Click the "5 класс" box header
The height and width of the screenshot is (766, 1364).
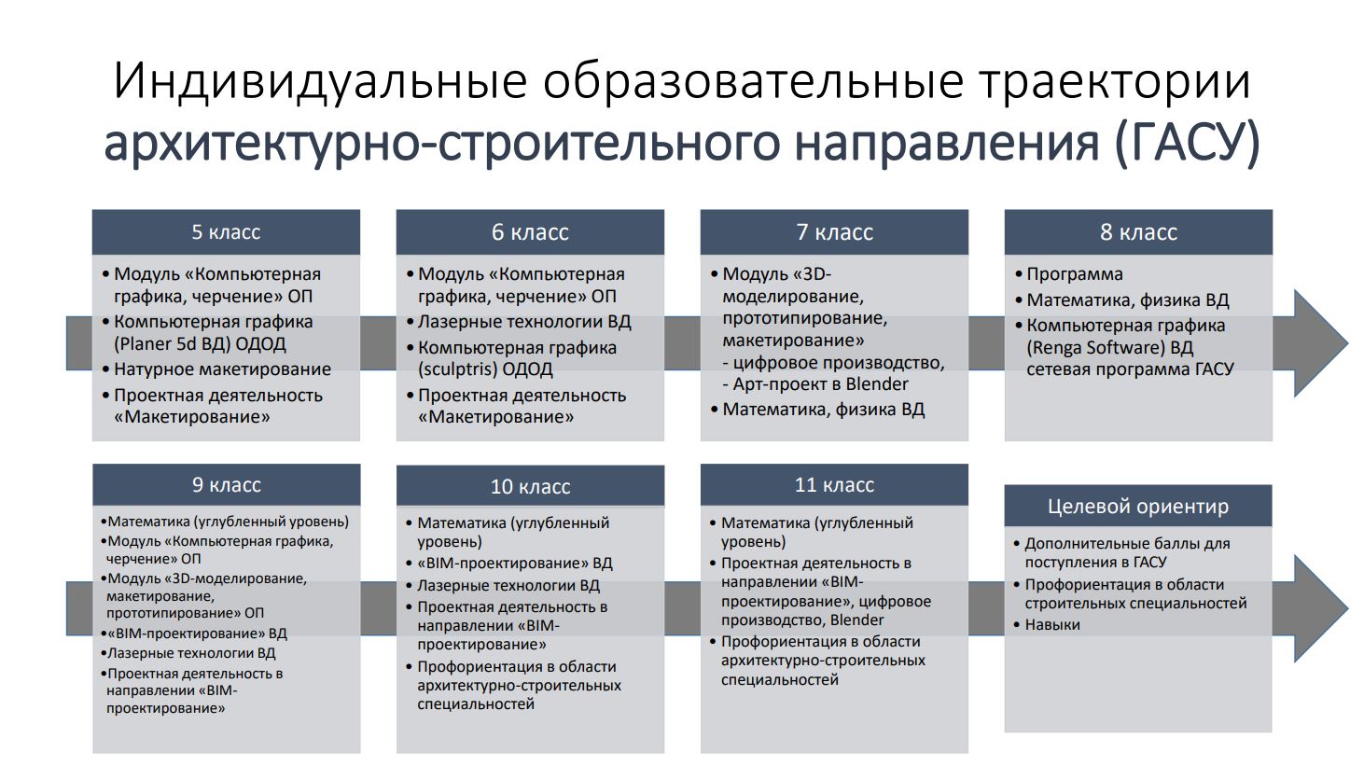pos(226,232)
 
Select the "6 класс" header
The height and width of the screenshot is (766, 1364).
pos(530,232)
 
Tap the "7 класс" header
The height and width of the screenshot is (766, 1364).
pos(834,232)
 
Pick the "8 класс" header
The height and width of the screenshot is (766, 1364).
pos(1138,232)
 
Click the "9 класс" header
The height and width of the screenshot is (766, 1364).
pos(227,484)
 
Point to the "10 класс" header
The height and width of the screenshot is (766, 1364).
pos(530,486)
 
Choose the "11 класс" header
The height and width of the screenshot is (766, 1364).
pos(834,484)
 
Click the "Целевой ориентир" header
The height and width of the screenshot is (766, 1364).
pos(1138,506)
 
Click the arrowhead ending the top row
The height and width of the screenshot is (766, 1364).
pos(1318,343)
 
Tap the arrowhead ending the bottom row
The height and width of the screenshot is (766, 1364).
pos(1318,608)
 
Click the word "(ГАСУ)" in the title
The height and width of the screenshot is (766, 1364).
pos(1187,143)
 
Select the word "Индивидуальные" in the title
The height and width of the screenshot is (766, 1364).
pos(320,81)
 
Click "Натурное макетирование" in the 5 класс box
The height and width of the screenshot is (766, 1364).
pos(222,369)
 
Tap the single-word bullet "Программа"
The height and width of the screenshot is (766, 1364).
pos(1075,274)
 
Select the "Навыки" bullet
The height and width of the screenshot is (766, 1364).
pos(1052,625)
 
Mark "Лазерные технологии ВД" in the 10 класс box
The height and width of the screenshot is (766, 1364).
pos(508,586)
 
